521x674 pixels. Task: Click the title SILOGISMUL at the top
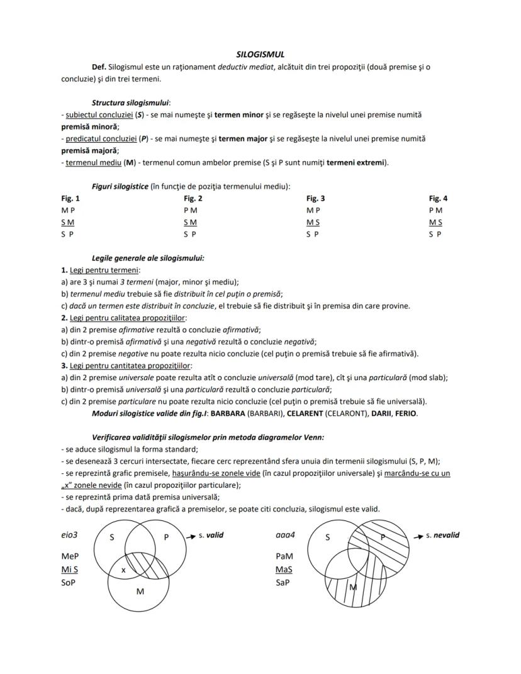click(260, 55)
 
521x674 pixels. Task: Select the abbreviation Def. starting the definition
click(99, 67)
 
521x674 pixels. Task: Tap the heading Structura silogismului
click(131, 102)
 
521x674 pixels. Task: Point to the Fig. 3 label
click(315, 198)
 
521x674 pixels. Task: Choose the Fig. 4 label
click(438, 198)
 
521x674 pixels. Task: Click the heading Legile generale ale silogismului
click(148, 258)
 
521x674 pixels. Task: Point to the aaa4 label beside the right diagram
click(284, 536)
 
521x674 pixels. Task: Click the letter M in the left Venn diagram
click(140, 592)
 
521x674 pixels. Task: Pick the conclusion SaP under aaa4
click(283, 583)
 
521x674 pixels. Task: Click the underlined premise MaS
click(284, 570)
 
